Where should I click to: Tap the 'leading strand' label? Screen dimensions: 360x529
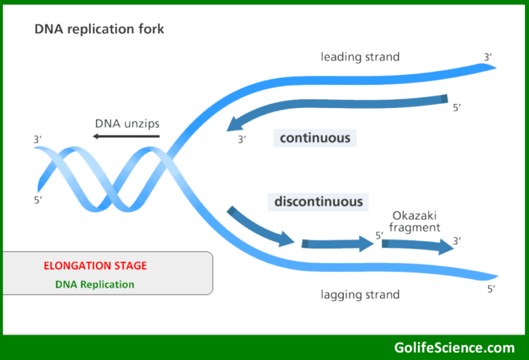tap(360, 56)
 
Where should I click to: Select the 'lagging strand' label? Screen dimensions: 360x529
tap(360, 295)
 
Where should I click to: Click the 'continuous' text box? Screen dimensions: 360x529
tap(315, 138)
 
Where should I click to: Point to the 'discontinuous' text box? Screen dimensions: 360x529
tap(318, 202)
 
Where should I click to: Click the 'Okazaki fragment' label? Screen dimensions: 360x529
tap(415, 221)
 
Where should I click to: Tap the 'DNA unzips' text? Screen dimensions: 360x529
tap(127, 123)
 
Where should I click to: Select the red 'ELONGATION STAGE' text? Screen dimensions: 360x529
tap(95, 266)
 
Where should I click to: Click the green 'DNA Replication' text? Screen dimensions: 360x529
tap(95, 284)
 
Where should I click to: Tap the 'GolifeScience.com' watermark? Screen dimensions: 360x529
tap(454, 347)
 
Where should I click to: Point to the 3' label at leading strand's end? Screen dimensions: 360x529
tap(488, 57)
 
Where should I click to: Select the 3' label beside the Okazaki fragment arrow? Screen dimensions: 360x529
tap(457, 241)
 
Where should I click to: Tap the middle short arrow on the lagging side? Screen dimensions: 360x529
tap(336, 243)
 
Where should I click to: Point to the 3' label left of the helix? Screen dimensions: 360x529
tap(37, 140)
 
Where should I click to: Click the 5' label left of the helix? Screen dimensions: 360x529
tap(38, 200)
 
